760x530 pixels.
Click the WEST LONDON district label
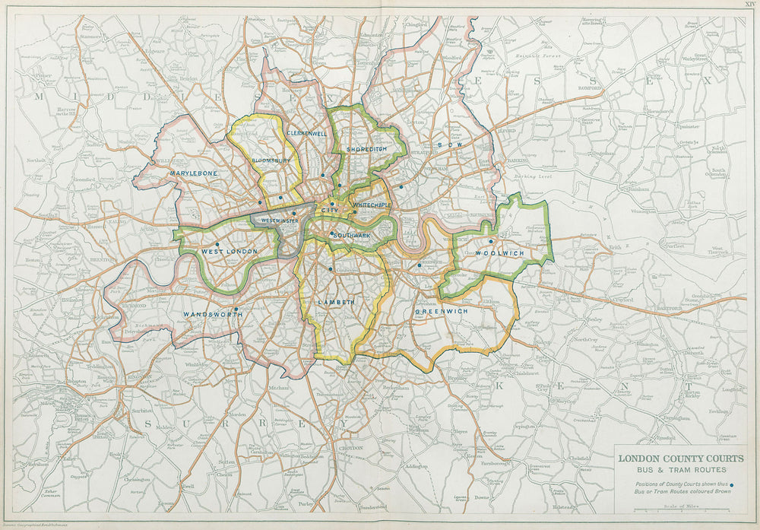(229, 251)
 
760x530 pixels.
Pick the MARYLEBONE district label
(194, 173)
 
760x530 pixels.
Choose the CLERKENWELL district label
(306, 133)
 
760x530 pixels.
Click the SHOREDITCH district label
(366, 149)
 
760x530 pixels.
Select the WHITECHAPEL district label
(372, 205)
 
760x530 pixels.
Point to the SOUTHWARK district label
(351, 235)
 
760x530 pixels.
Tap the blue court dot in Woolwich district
(490, 242)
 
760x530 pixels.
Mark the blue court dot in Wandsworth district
(236, 309)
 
